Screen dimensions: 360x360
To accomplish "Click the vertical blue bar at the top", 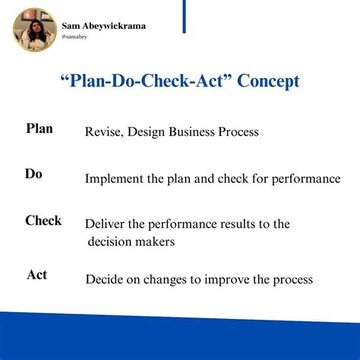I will pyautogui.click(x=184, y=16).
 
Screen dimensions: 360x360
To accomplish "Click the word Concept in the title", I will pyautogui.click(x=258, y=81).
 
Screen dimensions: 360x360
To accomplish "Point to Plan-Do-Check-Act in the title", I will pyautogui.click(x=137, y=81).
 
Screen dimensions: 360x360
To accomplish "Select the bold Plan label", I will pyautogui.click(x=39, y=128).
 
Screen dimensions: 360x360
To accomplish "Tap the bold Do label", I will pyautogui.click(x=33, y=174).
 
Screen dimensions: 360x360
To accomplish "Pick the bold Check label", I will pyautogui.click(x=43, y=221).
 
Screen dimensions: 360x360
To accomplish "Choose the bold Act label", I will pyautogui.click(x=36, y=274).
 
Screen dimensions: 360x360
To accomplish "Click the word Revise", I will pyautogui.click(x=103, y=132).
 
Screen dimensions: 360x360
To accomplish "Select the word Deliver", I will pyautogui.click(x=106, y=225).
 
